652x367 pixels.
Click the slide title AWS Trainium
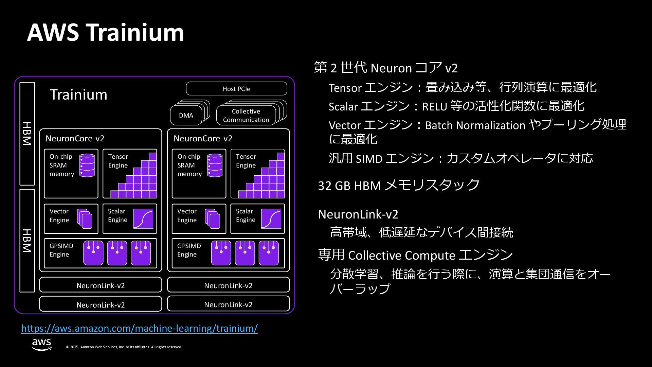(105, 33)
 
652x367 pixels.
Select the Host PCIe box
(236, 89)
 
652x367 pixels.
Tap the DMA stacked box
(186, 116)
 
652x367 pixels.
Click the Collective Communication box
(246, 116)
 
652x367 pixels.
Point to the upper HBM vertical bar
(27, 134)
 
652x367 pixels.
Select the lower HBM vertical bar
(27, 241)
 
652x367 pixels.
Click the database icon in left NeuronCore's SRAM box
(87, 165)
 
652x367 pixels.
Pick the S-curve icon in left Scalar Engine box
(143, 219)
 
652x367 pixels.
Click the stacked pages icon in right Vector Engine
(213, 219)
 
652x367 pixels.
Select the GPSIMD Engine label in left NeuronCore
(61, 250)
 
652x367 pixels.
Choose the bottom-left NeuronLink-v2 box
(101, 304)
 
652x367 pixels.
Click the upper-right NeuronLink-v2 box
(228, 285)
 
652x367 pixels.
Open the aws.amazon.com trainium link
(139, 328)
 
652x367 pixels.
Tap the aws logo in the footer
(41, 344)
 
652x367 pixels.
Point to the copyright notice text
(124, 347)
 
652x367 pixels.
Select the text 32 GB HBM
(349, 186)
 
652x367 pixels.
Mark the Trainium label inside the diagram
(78, 94)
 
